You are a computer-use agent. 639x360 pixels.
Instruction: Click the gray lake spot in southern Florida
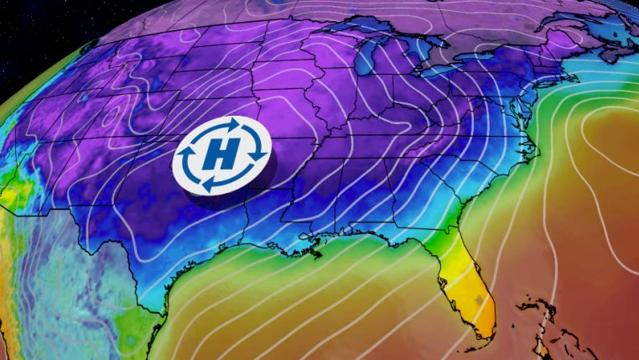[x=479, y=298]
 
